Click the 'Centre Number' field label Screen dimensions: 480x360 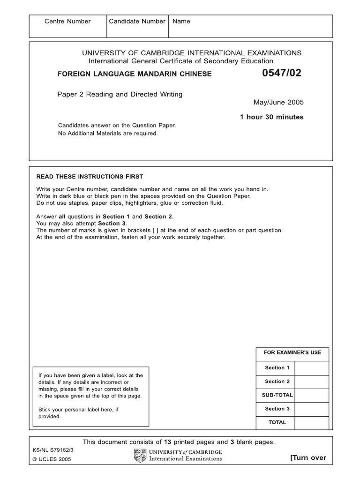click(x=67, y=21)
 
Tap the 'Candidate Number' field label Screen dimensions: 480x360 click(x=137, y=21)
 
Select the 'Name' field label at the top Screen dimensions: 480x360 click(x=181, y=21)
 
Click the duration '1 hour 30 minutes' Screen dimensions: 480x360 click(x=271, y=117)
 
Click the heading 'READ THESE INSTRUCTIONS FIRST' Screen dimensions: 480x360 click(x=90, y=177)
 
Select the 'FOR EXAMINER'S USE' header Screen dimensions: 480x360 click(x=292, y=352)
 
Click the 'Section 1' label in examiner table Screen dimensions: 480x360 click(x=277, y=368)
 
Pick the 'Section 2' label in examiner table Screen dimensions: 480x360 click(x=277, y=382)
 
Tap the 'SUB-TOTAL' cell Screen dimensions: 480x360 click(x=277, y=395)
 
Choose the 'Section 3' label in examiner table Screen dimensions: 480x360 click(x=277, y=409)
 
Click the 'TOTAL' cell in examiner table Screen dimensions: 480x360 click(x=277, y=422)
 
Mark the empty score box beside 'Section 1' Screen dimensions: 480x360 click(x=312, y=368)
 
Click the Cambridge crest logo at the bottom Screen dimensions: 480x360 click(x=140, y=455)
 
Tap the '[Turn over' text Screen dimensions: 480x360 click(x=308, y=458)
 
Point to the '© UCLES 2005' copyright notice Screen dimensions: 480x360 click(x=52, y=459)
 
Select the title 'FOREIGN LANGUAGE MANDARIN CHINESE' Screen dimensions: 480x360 click(x=134, y=74)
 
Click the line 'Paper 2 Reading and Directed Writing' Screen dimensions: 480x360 click(x=120, y=94)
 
